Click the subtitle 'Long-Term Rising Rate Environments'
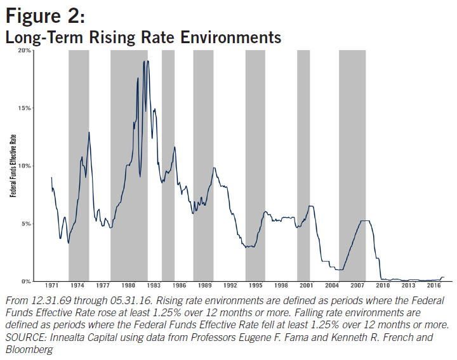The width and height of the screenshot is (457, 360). [143, 37]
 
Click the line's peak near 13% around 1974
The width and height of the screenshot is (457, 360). [89, 132]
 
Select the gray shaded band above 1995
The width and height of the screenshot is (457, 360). [255, 165]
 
